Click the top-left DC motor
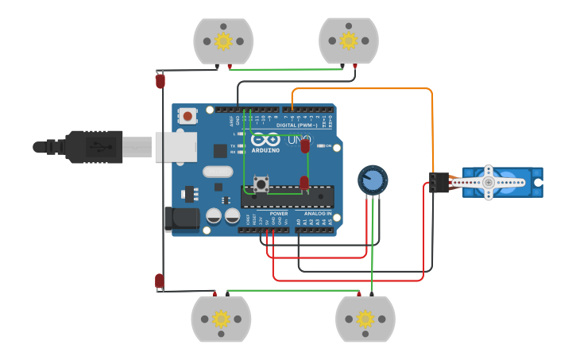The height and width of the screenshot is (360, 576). click(x=223, y=41)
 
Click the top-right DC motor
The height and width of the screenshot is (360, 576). click(x=348, y=41)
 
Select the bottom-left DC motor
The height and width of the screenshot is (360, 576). click(x=221, y=319)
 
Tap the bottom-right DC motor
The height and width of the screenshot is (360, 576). click(x=365, y=319)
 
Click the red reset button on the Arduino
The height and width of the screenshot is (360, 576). click(x=187, y=116)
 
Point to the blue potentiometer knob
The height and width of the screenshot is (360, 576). click(x=372, y=180)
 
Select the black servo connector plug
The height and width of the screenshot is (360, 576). click(x=438, y=183)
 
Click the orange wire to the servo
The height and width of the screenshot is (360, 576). click(x=365, y=88)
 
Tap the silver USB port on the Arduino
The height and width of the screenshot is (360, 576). click(x=175, y=147)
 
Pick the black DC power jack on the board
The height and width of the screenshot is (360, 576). click(x=180, y=219)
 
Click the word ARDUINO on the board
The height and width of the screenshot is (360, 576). click(x=265, y=149)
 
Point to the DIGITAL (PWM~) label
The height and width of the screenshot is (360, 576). click(x=296, y=125)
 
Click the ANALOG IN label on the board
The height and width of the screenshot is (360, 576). click(x=317, y=213)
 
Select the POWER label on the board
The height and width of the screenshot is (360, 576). click(x=278, y=213)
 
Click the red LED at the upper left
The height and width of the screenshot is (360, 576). click(x=160, y=80)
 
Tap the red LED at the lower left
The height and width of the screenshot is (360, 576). click(x=159, y=281)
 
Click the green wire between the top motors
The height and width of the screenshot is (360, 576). click(x=286, y=69)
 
